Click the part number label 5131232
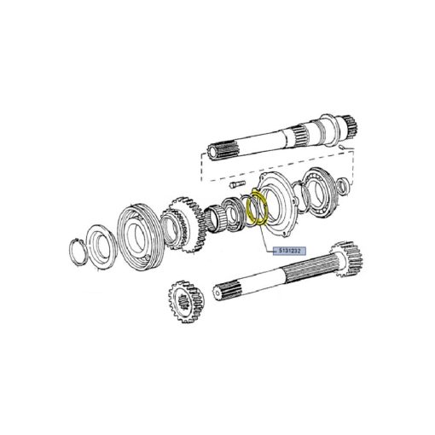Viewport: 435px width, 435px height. [289, 251]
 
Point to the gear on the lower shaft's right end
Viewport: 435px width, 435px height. [347, 258]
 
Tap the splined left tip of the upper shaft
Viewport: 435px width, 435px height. [222, 151]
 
